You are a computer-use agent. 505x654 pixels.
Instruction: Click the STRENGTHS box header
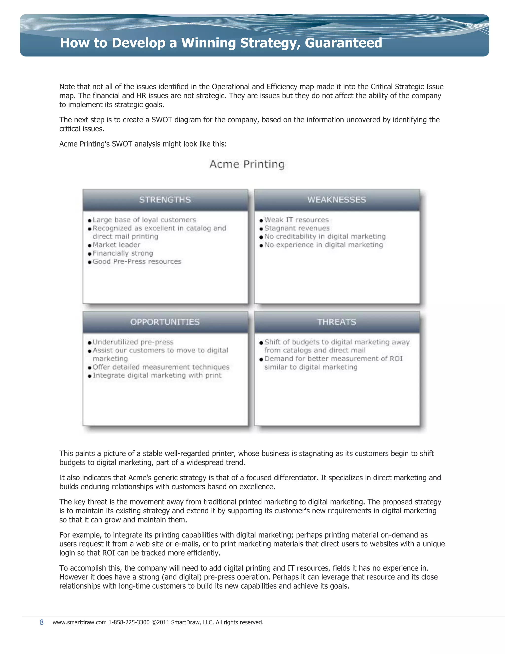point(165,200)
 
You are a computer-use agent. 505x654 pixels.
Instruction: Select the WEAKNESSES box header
point(337,200)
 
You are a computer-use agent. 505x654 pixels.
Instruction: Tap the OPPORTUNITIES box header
point(165,322)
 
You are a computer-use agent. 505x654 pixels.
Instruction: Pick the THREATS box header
point(337,322)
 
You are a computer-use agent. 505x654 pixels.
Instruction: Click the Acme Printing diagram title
point(247,164)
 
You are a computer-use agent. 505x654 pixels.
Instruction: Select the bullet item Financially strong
point(123,253)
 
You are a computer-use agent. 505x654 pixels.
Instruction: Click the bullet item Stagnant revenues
point(297,228)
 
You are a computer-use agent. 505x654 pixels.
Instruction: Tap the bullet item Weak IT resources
point(296,220)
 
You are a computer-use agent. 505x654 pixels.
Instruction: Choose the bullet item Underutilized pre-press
point(133,342)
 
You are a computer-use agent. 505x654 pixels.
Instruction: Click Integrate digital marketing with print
point(157,376)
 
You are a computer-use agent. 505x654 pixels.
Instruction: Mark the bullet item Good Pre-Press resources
point(137,261)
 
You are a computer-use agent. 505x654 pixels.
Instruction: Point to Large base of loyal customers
point(144,220)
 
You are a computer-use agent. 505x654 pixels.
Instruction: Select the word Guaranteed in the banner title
point(343,43)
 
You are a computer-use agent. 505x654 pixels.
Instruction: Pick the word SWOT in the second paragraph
point(162,120)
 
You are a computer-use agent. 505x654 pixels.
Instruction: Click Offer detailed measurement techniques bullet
point(161,367)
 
